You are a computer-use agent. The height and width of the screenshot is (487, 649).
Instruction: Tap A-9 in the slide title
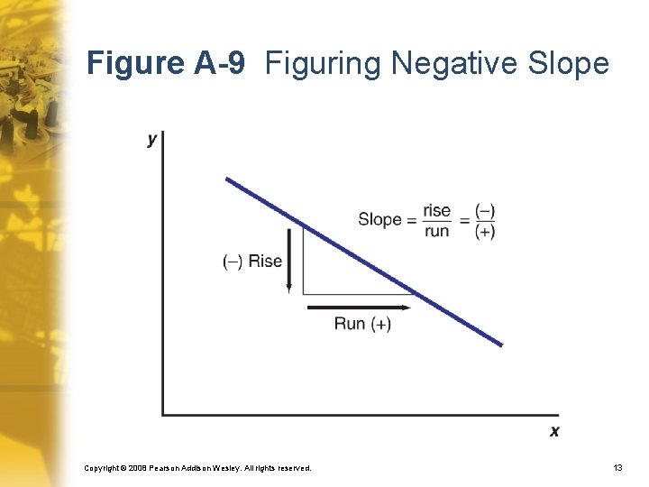[219, 64]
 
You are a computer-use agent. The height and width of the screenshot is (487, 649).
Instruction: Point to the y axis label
[151, 139]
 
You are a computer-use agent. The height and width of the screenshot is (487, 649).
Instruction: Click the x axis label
[554, 431]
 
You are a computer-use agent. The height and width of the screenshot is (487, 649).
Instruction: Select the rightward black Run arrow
[360, 308]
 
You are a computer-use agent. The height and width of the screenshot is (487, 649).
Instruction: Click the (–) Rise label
[252, 262]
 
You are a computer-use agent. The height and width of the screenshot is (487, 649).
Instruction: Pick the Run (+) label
[362, 324]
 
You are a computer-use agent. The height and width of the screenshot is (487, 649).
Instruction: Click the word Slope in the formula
[379, 219]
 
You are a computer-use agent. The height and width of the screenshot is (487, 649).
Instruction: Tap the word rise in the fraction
[436, 210]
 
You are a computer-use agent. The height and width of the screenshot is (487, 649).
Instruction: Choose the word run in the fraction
[436, 231]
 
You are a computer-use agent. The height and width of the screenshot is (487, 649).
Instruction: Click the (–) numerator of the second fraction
[485, 210]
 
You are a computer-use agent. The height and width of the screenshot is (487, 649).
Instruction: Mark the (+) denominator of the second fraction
[485, 231]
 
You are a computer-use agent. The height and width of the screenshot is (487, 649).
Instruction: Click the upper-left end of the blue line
[228, 179]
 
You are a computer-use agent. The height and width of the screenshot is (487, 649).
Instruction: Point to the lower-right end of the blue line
[500, 344]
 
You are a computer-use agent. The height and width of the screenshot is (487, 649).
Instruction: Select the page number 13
[617, 468]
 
